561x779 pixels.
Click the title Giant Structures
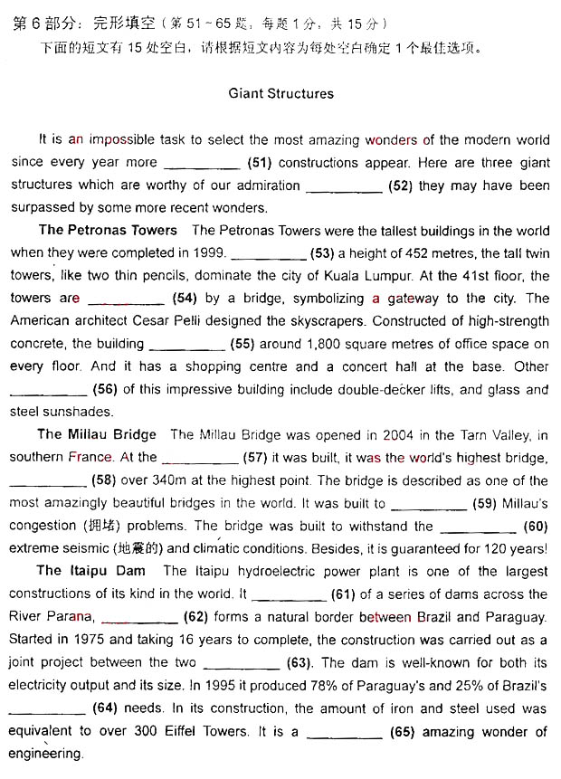(280, 93)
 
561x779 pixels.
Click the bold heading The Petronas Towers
(108, 230)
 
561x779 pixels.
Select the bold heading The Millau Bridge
(97, 434)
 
